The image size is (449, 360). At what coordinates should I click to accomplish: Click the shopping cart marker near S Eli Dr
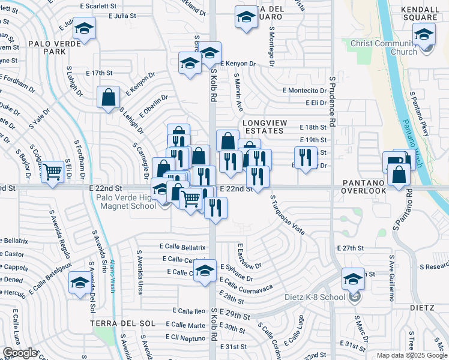pos(52,172)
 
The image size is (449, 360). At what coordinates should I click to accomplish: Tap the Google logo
pos(20,353)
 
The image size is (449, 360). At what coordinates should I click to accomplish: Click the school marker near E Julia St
pos(85,29)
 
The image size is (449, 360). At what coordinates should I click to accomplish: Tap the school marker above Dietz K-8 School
pos(353,278)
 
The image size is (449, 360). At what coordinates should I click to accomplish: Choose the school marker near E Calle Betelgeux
pos(80,282)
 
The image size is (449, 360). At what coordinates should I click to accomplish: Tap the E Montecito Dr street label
pos(305,91)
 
